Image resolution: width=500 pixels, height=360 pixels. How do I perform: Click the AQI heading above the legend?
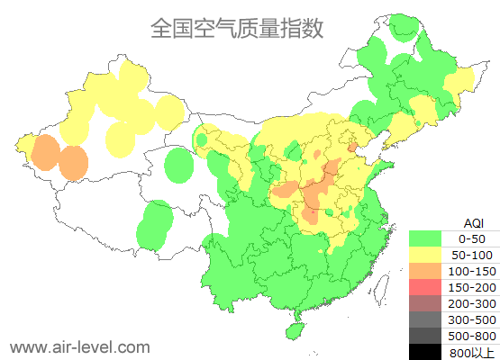point(472,222)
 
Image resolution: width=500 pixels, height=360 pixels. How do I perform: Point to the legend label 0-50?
point(471,238)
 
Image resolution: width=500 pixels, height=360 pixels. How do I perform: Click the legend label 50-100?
point(471,255)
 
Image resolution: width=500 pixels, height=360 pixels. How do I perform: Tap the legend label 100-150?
point(471,271)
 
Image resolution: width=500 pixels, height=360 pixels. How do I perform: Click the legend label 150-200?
point(471,287)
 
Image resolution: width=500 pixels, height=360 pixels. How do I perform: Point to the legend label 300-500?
point(471,319)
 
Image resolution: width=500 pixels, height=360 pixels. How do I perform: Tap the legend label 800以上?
point(471,352)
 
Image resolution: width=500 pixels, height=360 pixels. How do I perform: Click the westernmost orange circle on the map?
point(45,152)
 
